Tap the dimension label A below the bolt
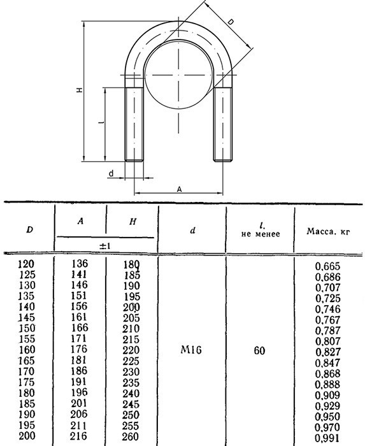pyautogui.click(x=179, y=189)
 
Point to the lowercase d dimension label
pyautogui.click(x=111, y=173)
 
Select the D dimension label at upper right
pyautogui.click(x=231, y=22)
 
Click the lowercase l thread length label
pyautogui.click(x=102, y=122)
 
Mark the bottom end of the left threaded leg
pyautogui.click(x=134, y=161)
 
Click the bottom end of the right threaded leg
pyautogui.click(x=223, y=161)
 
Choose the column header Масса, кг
pyautogui.click(x=328, y=231)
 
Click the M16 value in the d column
pyautogui.click(x=191, y=350)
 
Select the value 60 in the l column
pyautogui.click(x=259, y=350)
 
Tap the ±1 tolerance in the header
pyautogui.click(x=105, y=246)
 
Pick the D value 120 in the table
pyautogui.click(x=26, y=264)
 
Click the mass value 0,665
pyautogui.click(x=328, y=266)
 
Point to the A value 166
pyautogui.click(x=80, y=327)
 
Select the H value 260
pyautogui.click(x=131, y=436)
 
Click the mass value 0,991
pyautogui.click(x=328, y=438)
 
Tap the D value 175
pyautogui.click(x=27, y=382)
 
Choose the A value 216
pyautogui.click(x=78, y=436)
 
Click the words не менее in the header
pyautogui.click(x=261, y=234)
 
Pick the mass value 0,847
pyautogui.click(x=328, y=363)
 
